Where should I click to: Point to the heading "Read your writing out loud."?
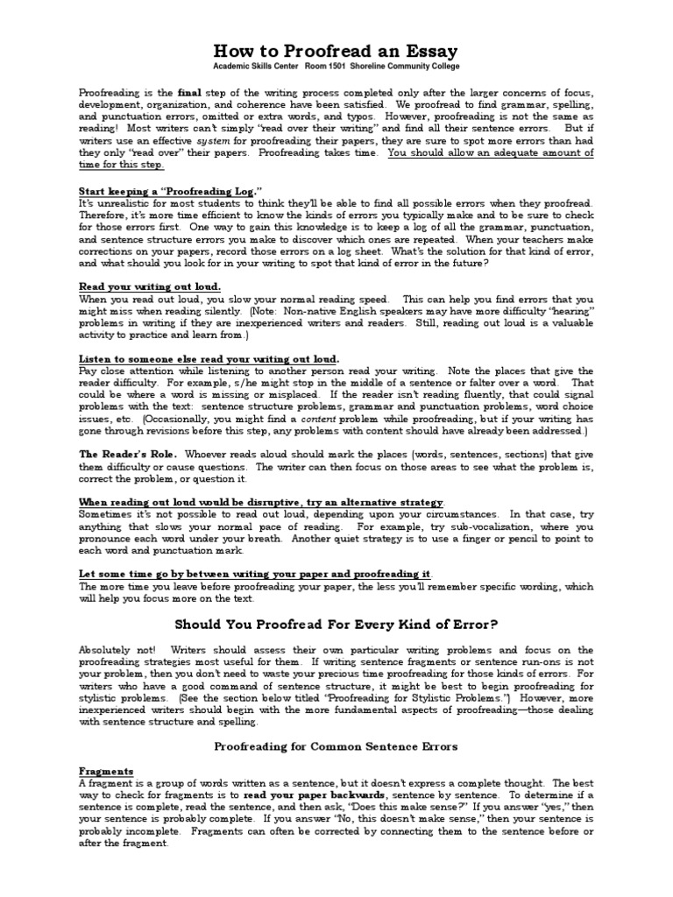(x=150, y=286)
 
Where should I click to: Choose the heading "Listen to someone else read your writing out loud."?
(x=209, y=359)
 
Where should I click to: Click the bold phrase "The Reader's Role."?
(x=128, y=454)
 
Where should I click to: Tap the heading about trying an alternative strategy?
(x=261, y=502)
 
